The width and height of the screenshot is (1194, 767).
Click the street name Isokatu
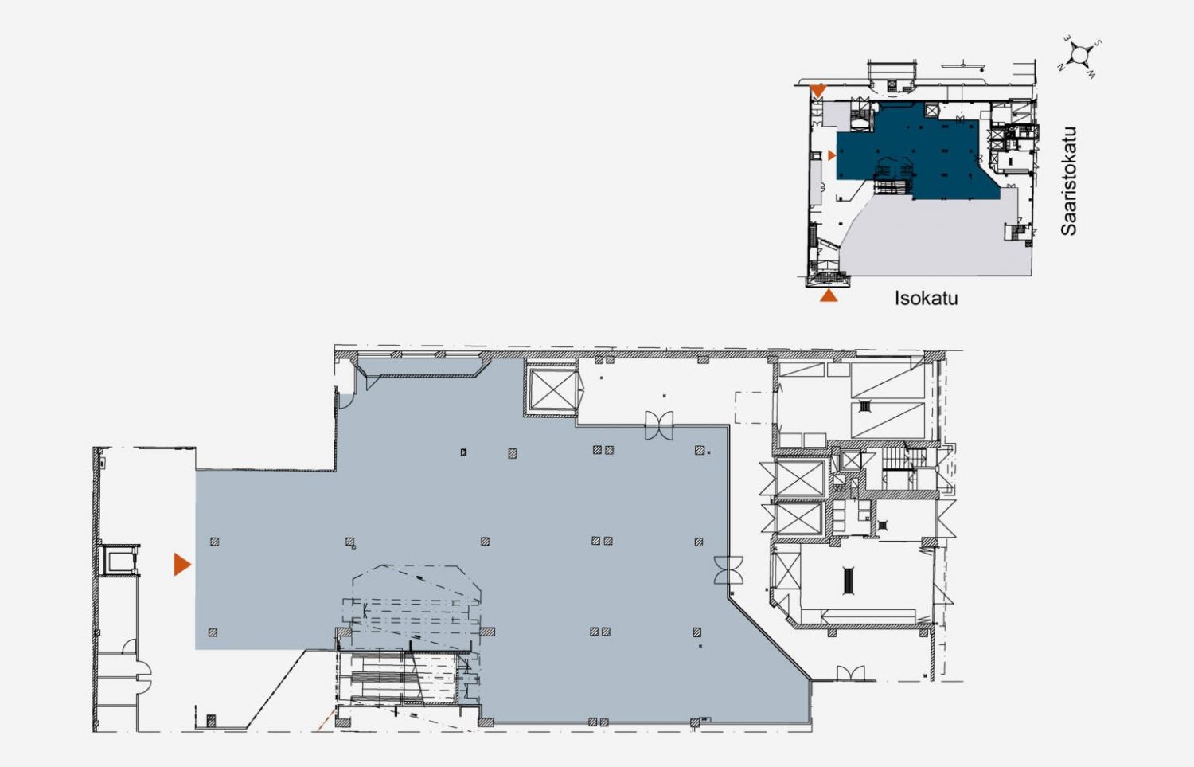[x=926, y=298]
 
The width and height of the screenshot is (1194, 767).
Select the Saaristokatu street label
[x=1068, y=182]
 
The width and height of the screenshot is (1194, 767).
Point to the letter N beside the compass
[x=1061, y=67]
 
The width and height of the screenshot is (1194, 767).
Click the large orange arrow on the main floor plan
[x=182, y=565]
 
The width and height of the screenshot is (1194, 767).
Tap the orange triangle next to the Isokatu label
[x=829, y=295]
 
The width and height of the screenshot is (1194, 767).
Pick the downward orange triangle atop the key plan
[x=818, y=90]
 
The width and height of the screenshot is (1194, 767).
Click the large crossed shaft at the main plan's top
[x=551, y=388]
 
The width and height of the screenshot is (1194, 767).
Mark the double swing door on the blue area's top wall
[x=659, y=425]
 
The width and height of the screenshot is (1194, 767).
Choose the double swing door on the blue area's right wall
[x=728, y=569]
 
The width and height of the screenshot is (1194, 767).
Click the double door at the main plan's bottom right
[x=850, y=674]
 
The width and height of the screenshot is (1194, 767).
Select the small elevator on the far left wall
[x=120, y=561]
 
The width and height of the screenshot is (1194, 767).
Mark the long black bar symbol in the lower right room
[x=848, y=581]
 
